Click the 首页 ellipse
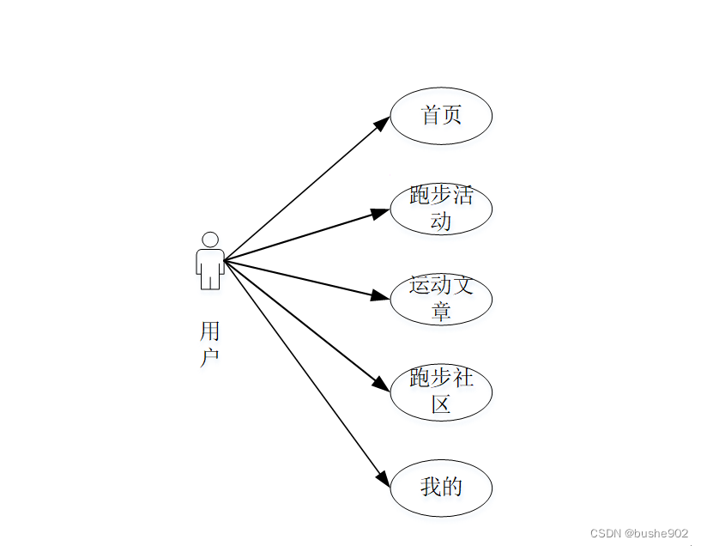tap(441, 116)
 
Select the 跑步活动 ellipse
tap(441, 208)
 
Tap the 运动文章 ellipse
tap(441, 299)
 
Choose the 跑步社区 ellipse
tap(441, 391)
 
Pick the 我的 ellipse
tap(441, 488)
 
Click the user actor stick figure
tap(210, 261)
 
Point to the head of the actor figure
tap(210, 240)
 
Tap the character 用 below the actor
tap(210, 331)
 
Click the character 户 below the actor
tap(210, 357)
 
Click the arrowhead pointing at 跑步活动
tap(380, 212)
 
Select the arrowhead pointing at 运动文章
tap(380, 296)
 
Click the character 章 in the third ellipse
tap(441, 312)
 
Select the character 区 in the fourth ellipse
tap(441, 404)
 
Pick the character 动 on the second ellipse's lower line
tap(441, 221)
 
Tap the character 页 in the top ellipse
tap(452, 115)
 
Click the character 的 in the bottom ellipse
tap(452, 488)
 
